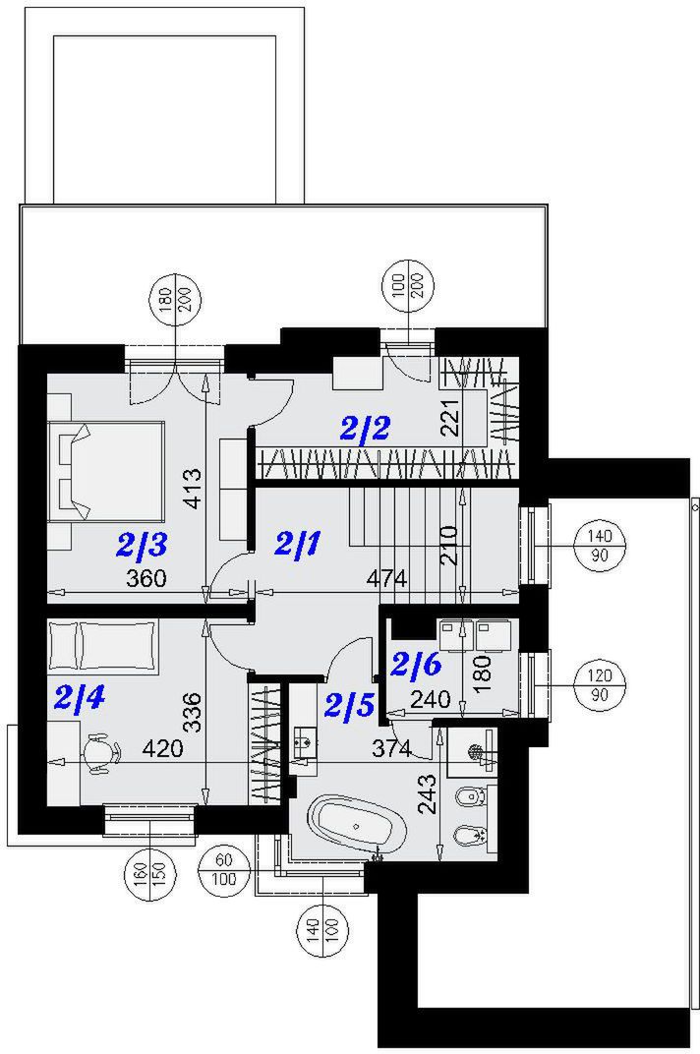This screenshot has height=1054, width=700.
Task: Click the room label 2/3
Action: click(142, 546)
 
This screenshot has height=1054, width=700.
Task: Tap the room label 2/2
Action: click(365, 429)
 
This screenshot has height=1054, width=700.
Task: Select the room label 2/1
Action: click(299, 543)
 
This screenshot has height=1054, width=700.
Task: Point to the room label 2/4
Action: click(80, 699)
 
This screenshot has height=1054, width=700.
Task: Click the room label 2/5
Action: click(349, 705)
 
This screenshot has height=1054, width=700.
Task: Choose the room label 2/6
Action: click(416, 665)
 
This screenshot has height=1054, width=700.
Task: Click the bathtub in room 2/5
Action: click(359, 825)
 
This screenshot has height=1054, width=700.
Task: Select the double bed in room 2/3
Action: click(106, 473)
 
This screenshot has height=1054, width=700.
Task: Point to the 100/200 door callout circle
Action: click(408, 283)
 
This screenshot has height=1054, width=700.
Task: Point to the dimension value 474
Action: click(386, 578)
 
